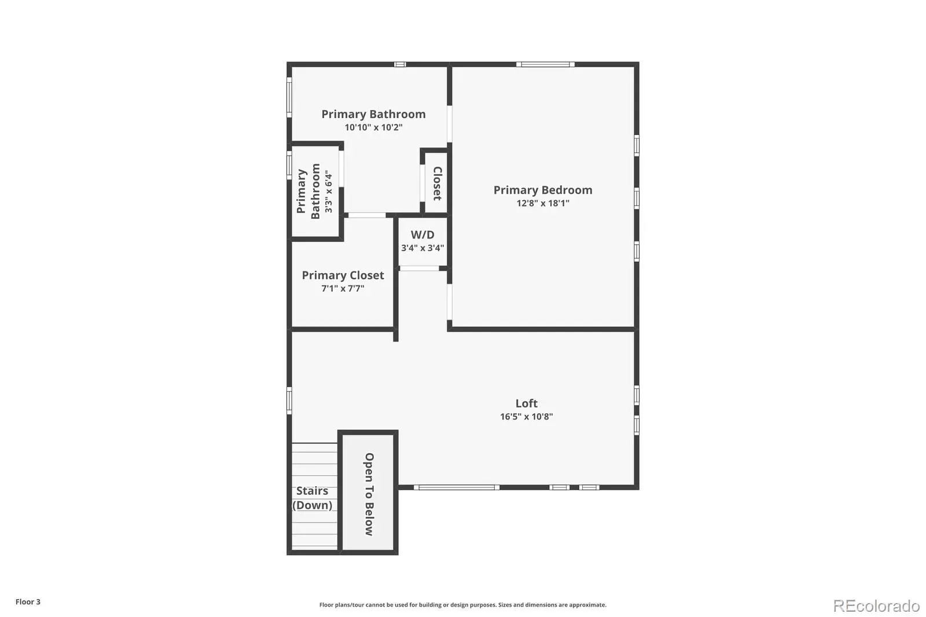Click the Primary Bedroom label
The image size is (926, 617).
tap(543, 190)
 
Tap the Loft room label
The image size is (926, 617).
tap(526, 403)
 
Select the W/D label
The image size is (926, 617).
tap(422, 234)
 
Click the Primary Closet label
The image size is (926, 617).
tap(343, 276)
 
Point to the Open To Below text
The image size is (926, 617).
tap(369, 494)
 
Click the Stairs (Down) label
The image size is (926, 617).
tap(312, 498)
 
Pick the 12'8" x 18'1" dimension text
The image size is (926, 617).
tap(543, 203)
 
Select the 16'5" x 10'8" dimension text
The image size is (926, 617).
tap(526, 416)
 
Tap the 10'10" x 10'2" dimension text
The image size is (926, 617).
tap(373, 127)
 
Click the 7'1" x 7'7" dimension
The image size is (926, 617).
tap(343, 288)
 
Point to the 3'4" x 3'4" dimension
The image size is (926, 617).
tap(422, 248)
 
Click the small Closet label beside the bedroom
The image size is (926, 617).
tap(438, 183)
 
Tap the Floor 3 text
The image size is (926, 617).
tap(28, 602)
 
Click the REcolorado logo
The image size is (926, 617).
tap(876, 606)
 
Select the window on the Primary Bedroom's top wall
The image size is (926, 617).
tap(545, 64)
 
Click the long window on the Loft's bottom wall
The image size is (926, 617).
tap(457, 487)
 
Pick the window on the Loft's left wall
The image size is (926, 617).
tap(289, 401)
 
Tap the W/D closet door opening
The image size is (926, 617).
tap(419, 269)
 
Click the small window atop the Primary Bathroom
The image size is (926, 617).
tap(400, 64)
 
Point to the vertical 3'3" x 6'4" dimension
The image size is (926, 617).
tap(328, 192)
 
